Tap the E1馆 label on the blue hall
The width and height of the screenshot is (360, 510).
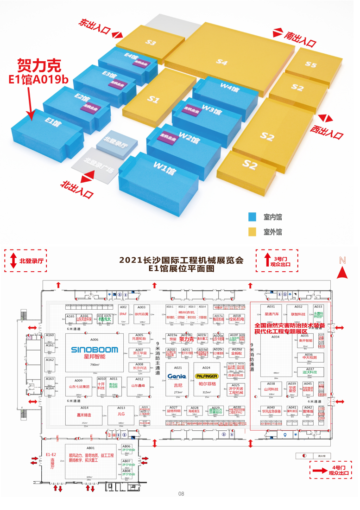click(x=53, y=123)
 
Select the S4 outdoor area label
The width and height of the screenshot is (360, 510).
click(x=221, y=62)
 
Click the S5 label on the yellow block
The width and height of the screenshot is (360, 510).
click(x=310, y=65)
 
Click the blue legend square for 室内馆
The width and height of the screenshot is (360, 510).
click(x=253, y=217)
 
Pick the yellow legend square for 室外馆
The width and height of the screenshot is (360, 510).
click(x=253, y=231)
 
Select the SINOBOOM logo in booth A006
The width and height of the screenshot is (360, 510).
click(x=95, y=349)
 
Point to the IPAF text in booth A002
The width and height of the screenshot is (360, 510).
click(x=123, y=314)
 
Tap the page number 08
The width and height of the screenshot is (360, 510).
click(x=181, y=494)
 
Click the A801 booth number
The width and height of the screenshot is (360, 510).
click(x=90, y=448)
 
